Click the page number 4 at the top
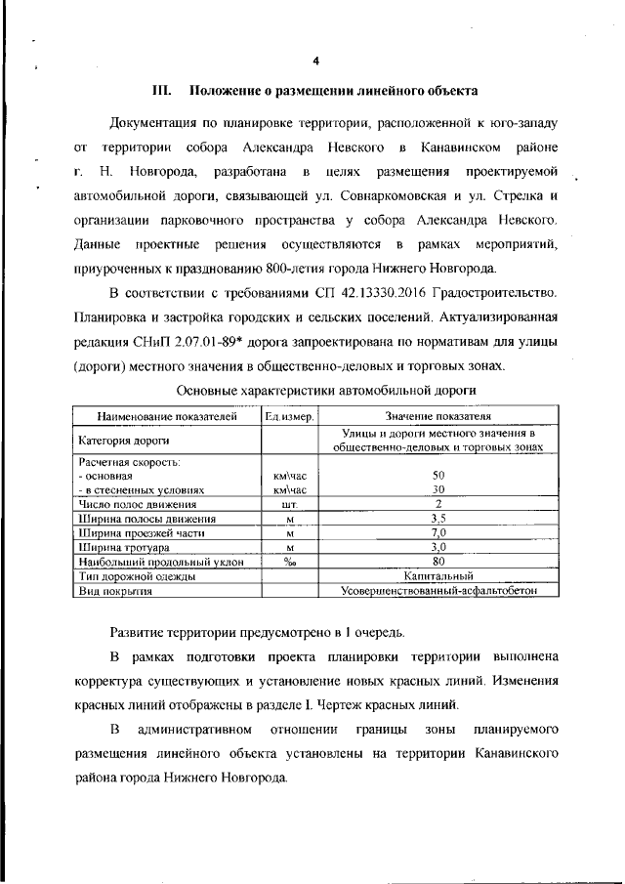(315, 62)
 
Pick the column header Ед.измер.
(288, 417)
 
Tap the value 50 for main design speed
(437, 475)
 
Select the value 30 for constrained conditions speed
(437, 489)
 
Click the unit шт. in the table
(288, 504)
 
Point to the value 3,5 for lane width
(437, 519)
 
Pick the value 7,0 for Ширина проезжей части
(437, 533)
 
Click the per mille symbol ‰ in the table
(288, 563)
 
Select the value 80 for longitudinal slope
(437, 563)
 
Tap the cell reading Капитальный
(437, 577)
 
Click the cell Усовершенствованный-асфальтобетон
(437, 592)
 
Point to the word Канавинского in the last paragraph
(509, 755)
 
